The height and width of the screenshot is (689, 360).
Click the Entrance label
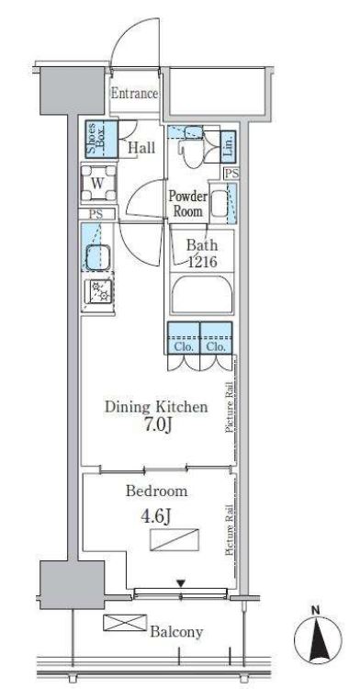pyautogui.click(x=134, y=94)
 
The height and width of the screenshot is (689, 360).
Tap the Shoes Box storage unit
pyautogui.click(x=101, y=139)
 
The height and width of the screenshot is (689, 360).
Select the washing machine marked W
pyautogui.click(x=99, y=183)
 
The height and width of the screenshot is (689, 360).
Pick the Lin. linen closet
pyautogui.click(x=229, y=144)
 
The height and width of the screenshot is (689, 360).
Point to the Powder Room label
pyautogui.click(x=188, y=203)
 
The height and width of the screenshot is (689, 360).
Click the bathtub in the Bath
pyautogui.click(x=202, y=295)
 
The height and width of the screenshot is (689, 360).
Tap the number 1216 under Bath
pyautogui.click(x=202, y=263)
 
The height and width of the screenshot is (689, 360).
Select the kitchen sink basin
pyautogui.click(x=98, y=258)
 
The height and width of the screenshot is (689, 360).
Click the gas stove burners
pyautogui.click(x=100, y=291)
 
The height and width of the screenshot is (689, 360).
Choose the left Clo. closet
pyautogui.click(x=184, y=338)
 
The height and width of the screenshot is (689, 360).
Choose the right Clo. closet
pyautogui.click(x=216, y=338)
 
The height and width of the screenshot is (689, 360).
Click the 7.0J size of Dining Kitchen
pyautogui.click(x=156, y=425)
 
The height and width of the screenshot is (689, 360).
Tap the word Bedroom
pyautogui.click(x=156, y=491)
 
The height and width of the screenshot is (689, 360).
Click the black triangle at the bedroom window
pyautogui.click(x=181, y=583)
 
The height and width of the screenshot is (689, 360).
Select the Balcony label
pyautogui.click(x=176, y=632)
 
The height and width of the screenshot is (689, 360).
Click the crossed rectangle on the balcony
pyautogui.click(x=125, y=623)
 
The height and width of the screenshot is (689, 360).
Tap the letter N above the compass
pyautogui.click(x=315, y=610)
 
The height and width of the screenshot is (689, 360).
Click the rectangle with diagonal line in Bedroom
pyautogui.click(x=174, y=539)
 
